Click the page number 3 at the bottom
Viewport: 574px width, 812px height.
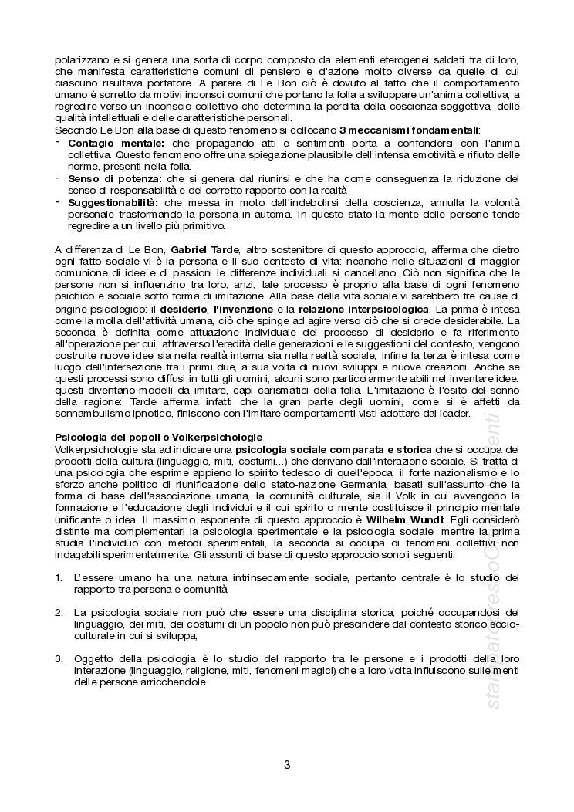287,766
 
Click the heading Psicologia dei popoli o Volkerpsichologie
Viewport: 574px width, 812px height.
158,437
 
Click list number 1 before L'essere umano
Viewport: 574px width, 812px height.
59,577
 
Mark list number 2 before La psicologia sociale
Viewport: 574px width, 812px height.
59,612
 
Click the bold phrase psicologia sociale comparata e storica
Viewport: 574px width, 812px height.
333,449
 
